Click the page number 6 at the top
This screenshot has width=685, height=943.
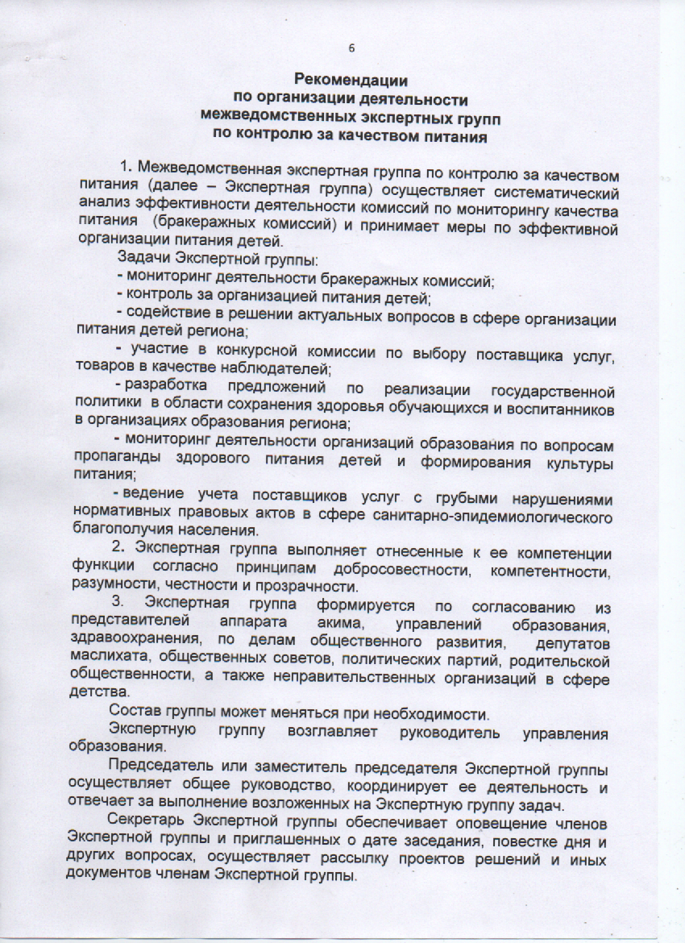pos(351,48)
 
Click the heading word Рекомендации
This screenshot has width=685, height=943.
pos(351,81)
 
